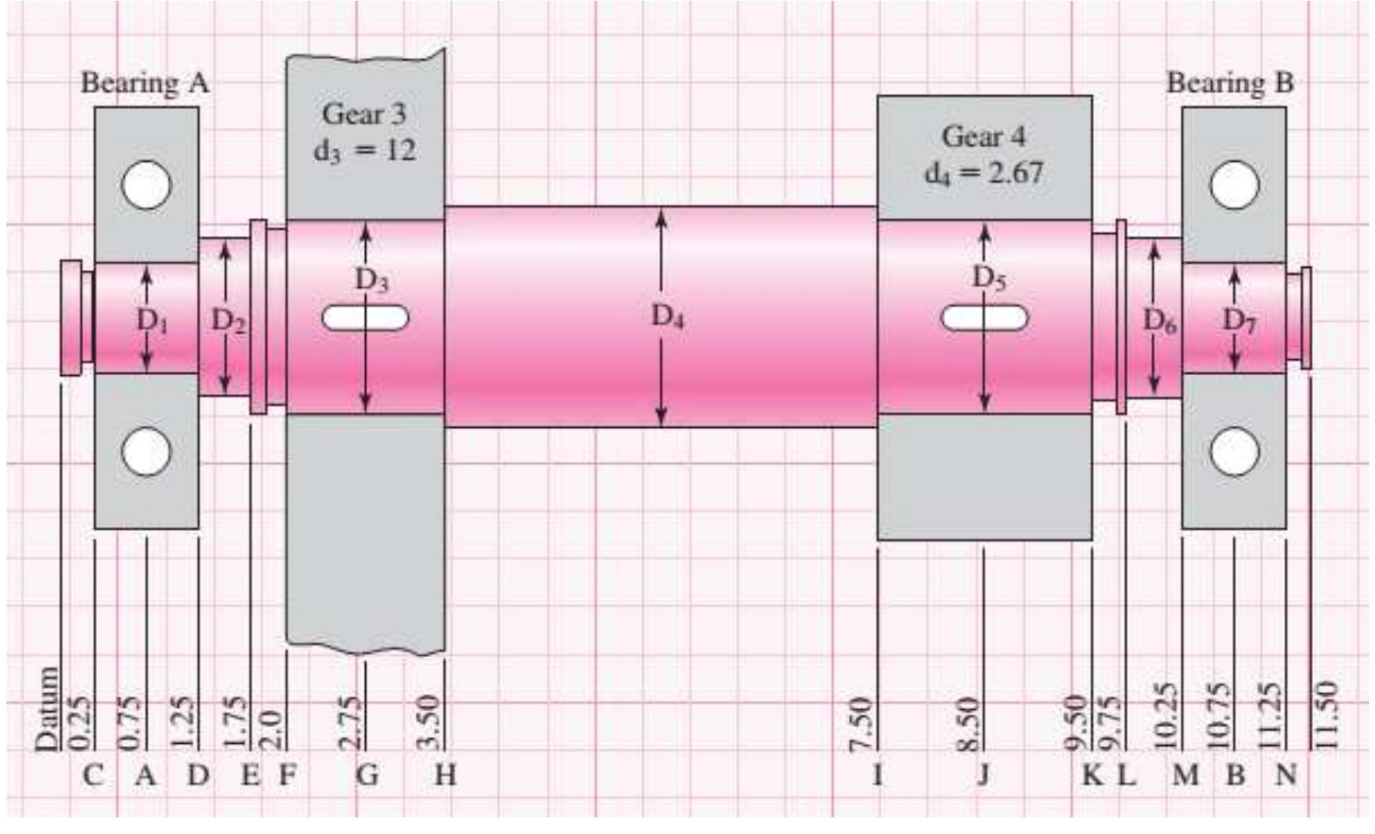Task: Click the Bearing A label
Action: (145, 83)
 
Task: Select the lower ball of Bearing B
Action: (1234, 452)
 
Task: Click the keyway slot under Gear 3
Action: (365, 317)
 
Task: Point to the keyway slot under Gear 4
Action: (985, 317)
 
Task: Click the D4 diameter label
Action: (667, 316)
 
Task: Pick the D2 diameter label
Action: (228, 321)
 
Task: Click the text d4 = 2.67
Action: (985, 173)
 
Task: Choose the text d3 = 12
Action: (365, 150)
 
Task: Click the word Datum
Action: (48, 708)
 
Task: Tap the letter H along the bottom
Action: (445, 776)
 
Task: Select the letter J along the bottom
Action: (983, 776)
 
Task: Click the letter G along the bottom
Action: (367, 776)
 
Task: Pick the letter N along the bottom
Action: (1285, 776)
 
